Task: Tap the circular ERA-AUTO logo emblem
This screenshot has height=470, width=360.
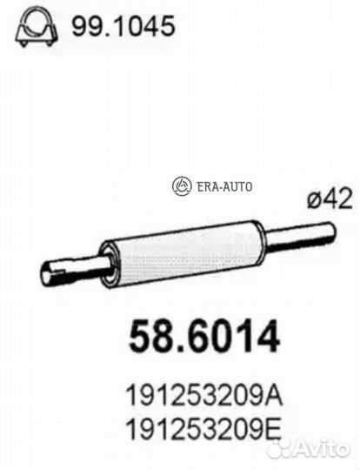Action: click(182, 185)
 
